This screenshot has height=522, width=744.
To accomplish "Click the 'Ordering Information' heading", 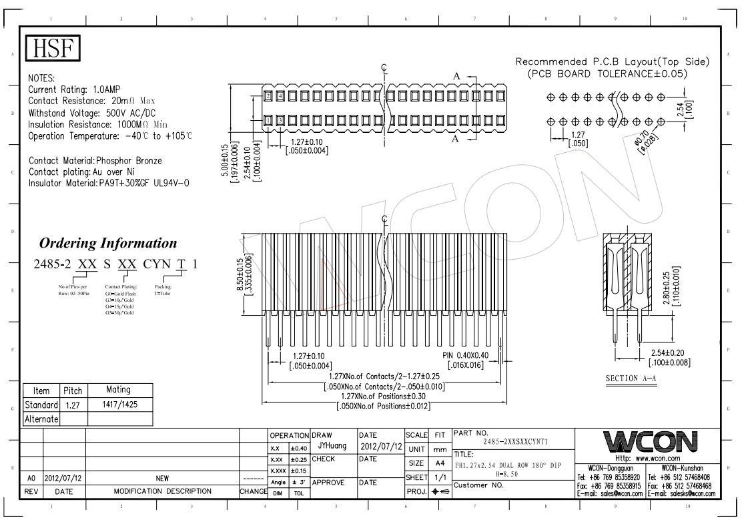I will (x=108, y=242).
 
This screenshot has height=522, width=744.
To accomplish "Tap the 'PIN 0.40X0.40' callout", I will (x=470, y=356).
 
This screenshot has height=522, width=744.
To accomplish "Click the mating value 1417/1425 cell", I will (x=119, y=405).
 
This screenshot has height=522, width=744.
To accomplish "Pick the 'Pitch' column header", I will (x=72, y=389).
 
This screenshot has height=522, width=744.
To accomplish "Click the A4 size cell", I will (x=439, y=463).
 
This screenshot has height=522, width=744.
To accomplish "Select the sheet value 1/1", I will (x=439, y=478).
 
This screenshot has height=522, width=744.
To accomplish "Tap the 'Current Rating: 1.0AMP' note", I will (x=75, y=89).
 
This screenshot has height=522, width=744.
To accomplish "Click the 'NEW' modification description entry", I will (x=162, y=479).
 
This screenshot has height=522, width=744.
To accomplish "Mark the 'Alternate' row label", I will (x=42, y=419).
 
